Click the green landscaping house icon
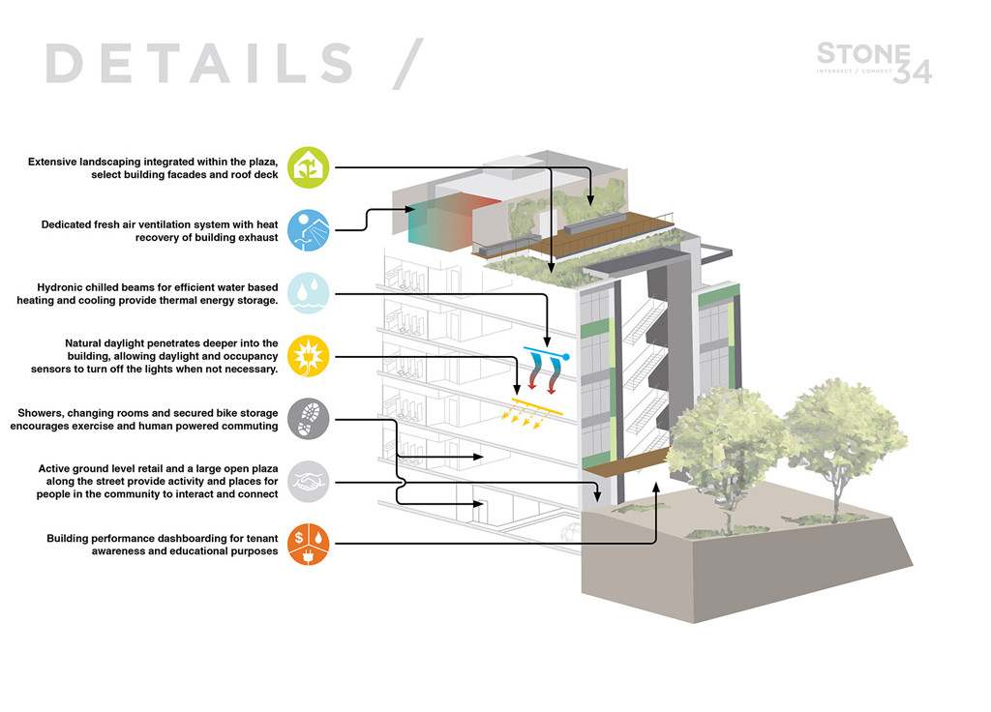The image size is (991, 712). tap(309, 166)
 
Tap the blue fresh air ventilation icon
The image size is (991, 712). tap(309, 230)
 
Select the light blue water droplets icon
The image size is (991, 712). tap(309, 293)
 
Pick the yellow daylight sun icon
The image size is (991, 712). tap(309, 356)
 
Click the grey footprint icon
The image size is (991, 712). tap(309, 419)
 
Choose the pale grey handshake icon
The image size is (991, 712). tap(309, 482)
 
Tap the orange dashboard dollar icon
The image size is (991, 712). tap(309, 545)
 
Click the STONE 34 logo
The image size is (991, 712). tap(874, 62)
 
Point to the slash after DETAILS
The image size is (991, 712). tap(407, 64)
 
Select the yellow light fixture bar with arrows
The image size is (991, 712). tap(537, 403)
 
